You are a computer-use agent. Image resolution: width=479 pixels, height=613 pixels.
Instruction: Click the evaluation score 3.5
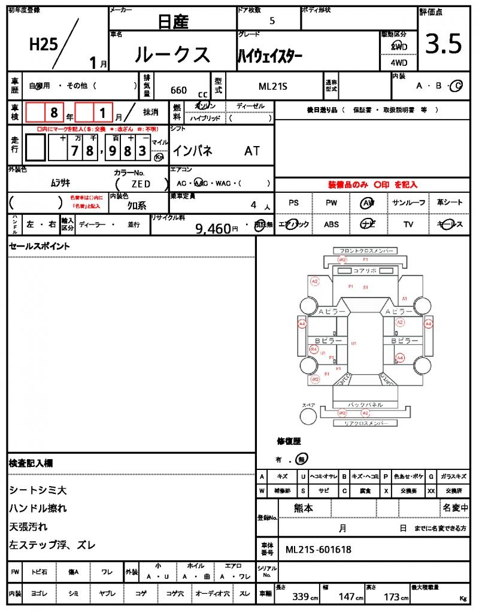pos(444,45)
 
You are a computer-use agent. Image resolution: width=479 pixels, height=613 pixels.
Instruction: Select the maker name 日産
pos(173,22)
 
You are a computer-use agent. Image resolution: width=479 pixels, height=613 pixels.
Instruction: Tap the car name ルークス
pos(172,55)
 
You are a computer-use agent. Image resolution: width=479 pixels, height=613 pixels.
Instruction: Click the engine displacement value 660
pos(178,90)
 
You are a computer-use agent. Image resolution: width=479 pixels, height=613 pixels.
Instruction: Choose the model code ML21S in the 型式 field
pos(273,86)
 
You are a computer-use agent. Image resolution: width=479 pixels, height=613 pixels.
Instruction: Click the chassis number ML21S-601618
pos(318,550)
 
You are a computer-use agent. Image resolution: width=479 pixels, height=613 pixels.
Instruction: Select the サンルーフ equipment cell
pos(409,203)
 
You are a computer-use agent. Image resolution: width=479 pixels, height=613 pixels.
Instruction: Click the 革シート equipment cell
pos(449,203)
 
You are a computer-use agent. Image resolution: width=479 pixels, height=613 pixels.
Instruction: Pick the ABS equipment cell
pos(332,224)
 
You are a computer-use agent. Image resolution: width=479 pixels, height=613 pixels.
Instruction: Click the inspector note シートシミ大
pos(37,490)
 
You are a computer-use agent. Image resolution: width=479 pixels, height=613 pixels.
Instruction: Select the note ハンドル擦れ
pos(37,508)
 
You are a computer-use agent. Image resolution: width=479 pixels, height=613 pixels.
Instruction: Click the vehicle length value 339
pos(301,597)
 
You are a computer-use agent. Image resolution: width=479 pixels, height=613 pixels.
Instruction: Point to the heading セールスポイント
pos(39,246)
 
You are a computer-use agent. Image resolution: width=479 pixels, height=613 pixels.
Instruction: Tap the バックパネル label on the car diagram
pos(365,405)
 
